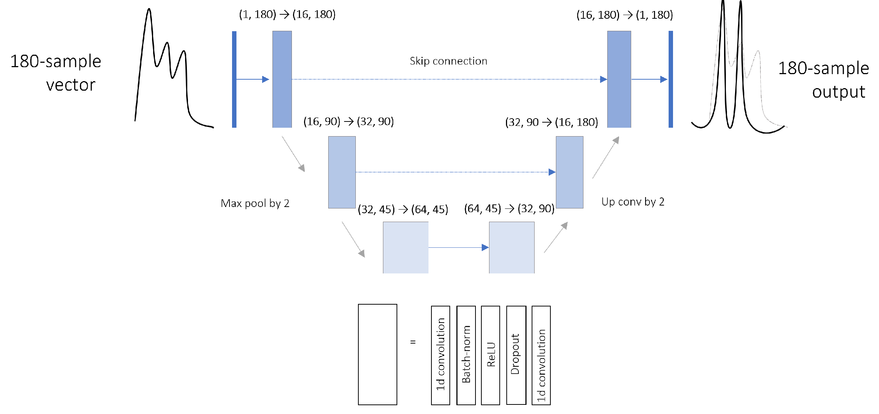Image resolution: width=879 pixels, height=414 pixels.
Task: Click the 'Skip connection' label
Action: pyautogui.click(x=448, y=61)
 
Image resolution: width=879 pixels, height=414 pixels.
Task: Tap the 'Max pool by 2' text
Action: pyautogui.click(x=255, y=203)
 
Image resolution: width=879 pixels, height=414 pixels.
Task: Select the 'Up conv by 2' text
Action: pyautogui.click(x=633, y=202)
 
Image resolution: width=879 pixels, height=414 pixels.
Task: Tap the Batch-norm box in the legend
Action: pyautogui.click(x=466, y=355)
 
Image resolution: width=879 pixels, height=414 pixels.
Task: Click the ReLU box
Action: pyautogui.click(x=491, y=355)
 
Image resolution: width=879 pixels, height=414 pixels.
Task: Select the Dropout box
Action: pyautogui.click(x=516, y=355)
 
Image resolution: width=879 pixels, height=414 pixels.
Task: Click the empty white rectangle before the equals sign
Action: pyautogui.click(x=377, y=354)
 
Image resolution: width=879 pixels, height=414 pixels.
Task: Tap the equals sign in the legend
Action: pyautogui.click(x=413, y=342)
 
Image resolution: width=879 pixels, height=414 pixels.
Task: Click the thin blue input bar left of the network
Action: pyautogui.click(x=234, y=79)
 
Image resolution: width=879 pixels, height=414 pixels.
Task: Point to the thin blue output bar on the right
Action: pyautogui.click(x=671, y=79)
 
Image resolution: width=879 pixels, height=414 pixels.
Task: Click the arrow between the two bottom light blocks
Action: pyautogui.click(x=458, y=248)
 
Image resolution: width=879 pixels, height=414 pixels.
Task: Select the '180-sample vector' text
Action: pyautogui.click(x=56, y=73)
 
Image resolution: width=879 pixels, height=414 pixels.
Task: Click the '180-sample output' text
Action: pyautogui.click(x=824, y=80)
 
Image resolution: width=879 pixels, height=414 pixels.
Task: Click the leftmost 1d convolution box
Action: pyautogui.click(x=441, y=355)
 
